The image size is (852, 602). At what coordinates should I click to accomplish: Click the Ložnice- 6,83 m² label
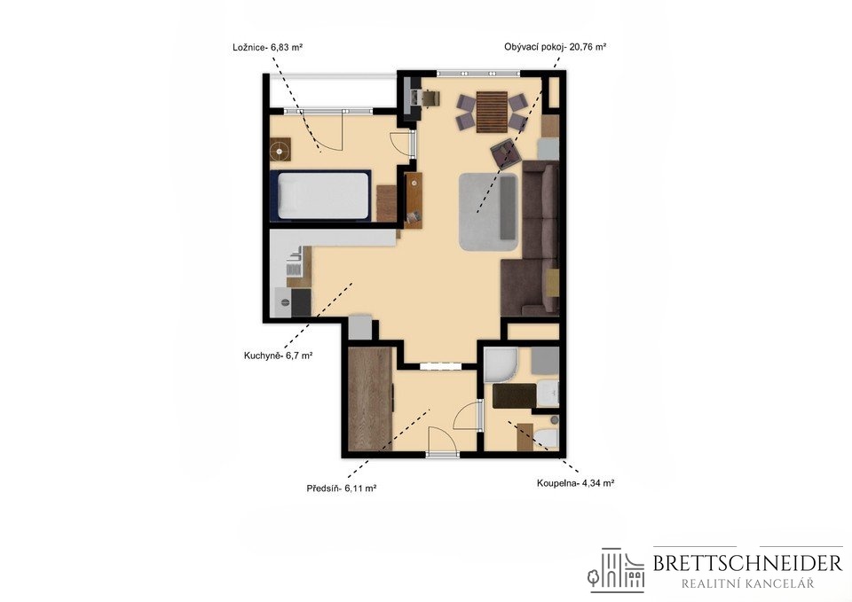[267, 47]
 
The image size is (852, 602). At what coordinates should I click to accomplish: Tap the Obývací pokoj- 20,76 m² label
[555, 47]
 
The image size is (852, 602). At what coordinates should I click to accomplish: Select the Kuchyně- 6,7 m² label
[278, 356]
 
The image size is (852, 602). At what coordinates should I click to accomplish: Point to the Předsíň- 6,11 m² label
[342, 489]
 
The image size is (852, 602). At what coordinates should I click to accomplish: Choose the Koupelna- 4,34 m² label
[575, 482]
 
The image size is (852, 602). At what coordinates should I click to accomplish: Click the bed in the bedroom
[320, 195]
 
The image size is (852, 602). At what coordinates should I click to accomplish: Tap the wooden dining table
[492, 112]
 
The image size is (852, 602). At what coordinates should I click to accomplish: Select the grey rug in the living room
[489, 211]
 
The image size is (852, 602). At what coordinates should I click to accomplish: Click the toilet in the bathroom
[546, 437]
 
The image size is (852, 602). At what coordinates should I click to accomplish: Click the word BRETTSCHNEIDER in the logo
[747, 564]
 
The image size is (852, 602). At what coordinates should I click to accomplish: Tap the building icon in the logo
[616, 570]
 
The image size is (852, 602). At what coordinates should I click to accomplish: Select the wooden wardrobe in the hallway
[370, 399]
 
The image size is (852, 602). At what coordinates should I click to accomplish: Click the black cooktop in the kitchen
[301, 302]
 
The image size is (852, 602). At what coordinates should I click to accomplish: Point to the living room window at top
[478, 74]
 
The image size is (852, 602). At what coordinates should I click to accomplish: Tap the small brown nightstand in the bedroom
[280, 150]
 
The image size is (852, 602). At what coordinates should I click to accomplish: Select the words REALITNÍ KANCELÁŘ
[747, 584]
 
